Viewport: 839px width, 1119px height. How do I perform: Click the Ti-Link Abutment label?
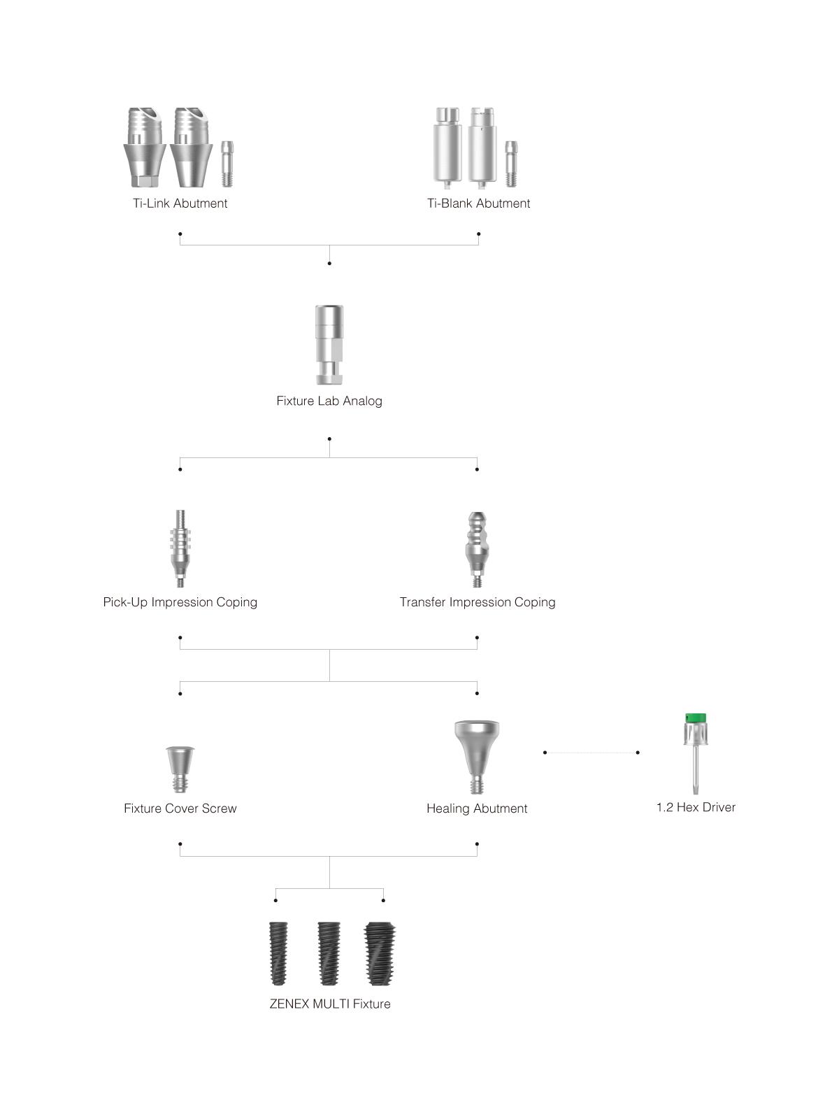(180, 204)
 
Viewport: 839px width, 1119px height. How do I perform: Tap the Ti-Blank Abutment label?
(478, 204)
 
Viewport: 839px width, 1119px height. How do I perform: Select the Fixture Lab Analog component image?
(329, 345)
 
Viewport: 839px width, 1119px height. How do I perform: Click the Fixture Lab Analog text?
(329, 401)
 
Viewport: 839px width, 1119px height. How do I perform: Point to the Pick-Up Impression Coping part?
(180, 548)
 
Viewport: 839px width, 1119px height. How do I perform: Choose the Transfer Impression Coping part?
(477, 550)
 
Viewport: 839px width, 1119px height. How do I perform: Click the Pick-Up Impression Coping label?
(180, 602)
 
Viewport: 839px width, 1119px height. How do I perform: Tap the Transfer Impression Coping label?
(478, 602)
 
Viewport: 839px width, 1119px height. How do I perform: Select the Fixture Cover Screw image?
(180, 769)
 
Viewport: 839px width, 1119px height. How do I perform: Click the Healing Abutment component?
(477, 757)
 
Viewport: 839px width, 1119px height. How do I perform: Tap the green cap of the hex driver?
(696, 718)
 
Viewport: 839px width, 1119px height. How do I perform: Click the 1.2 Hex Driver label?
(696, 807)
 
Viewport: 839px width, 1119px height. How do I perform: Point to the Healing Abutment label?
(477, 808)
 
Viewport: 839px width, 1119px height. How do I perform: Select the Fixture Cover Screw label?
(180, 808)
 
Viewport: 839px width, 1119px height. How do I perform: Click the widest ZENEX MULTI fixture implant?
(380, 953)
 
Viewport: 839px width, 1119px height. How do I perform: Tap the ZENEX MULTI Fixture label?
(330, 1004)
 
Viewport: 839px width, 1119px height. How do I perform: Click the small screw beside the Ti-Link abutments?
(227, 164)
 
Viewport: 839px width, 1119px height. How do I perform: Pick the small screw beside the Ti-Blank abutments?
(512, 164)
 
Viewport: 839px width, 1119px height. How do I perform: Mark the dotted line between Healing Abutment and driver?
(591, 753)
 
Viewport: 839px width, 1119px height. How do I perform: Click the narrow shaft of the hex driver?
(696, 769)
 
